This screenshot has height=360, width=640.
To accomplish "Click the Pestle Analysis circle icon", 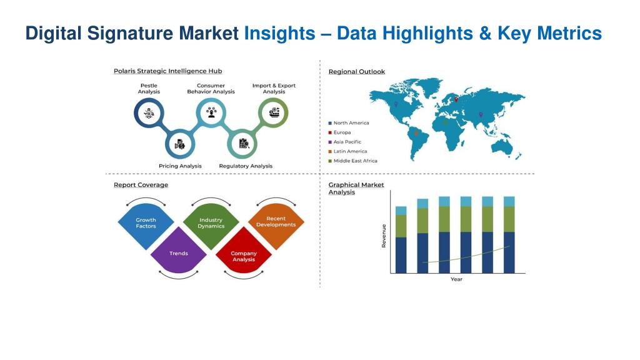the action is point(149,112).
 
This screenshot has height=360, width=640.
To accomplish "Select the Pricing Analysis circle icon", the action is point(180,144).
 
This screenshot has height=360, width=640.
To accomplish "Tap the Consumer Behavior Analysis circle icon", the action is point(211,112).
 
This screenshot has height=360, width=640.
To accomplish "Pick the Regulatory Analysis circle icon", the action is point(242,144).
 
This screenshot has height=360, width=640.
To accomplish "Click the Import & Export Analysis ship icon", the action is point(274,112).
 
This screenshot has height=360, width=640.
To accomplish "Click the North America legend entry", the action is point(349,123).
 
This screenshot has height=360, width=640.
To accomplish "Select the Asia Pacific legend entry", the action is point(345,142).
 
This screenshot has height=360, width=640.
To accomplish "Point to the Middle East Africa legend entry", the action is point(352,161).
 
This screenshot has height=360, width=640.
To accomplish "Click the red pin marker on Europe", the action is point(456,99).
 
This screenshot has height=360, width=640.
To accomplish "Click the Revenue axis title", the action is point(384,236).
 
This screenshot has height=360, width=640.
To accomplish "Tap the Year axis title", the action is point(456,279).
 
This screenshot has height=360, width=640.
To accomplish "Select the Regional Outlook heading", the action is point(357,71).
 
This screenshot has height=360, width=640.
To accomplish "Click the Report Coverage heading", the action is point(141,185).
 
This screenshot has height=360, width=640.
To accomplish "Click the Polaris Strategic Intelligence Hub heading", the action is point(167,71).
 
